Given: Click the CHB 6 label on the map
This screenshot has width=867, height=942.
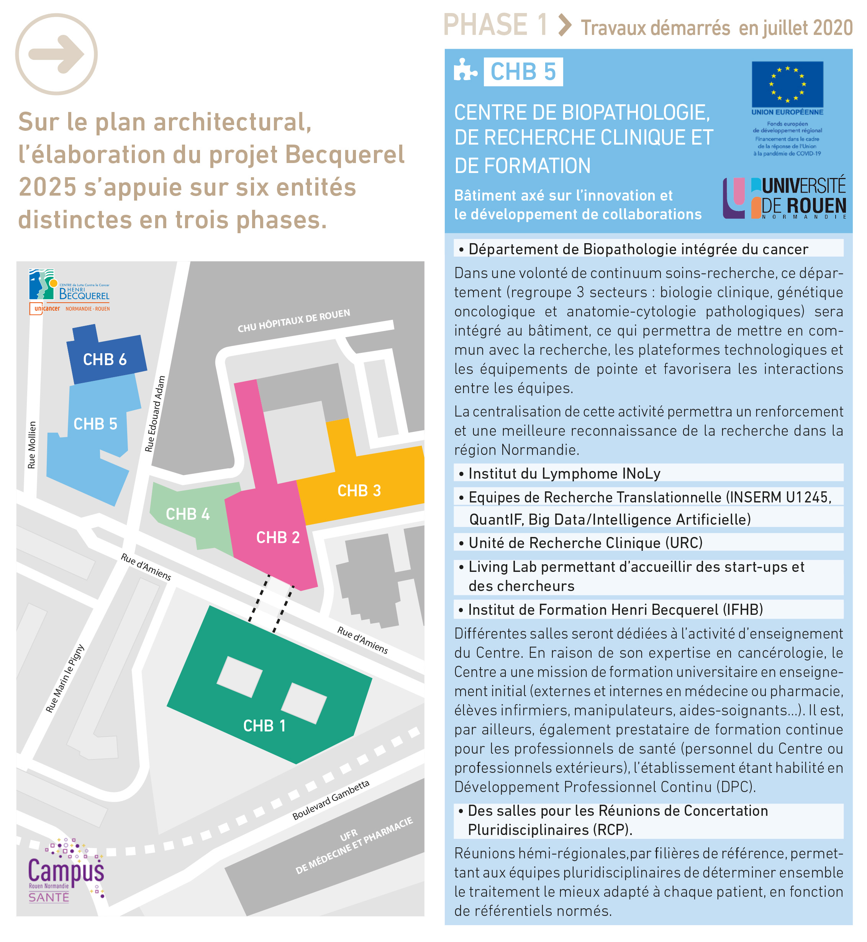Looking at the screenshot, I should coord(105,360).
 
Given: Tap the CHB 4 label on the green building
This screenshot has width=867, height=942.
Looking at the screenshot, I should coord(188,514).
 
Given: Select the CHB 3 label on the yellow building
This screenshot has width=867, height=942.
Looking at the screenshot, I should coord(359,491).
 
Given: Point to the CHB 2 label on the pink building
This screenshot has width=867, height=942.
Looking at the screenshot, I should coord(278,537).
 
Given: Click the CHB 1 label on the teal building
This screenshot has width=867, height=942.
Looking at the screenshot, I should coord(264,726).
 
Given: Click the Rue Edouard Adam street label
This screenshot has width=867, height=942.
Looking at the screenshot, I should coord(155,414).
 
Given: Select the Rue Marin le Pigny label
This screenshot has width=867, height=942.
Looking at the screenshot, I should coord(65,678).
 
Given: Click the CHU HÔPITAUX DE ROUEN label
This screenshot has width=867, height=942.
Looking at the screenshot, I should coord(294,321).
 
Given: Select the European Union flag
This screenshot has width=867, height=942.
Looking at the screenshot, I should coord(787,84).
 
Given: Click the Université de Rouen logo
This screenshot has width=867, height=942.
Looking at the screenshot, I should coord(784,198).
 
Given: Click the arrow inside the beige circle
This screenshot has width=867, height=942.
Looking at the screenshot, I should coord(56,54).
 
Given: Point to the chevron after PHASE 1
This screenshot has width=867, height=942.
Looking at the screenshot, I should coord(565,25).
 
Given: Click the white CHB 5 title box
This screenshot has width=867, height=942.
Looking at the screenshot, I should coord(523,72).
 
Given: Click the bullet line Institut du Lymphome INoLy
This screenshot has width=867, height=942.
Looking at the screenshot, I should coord(564,473).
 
